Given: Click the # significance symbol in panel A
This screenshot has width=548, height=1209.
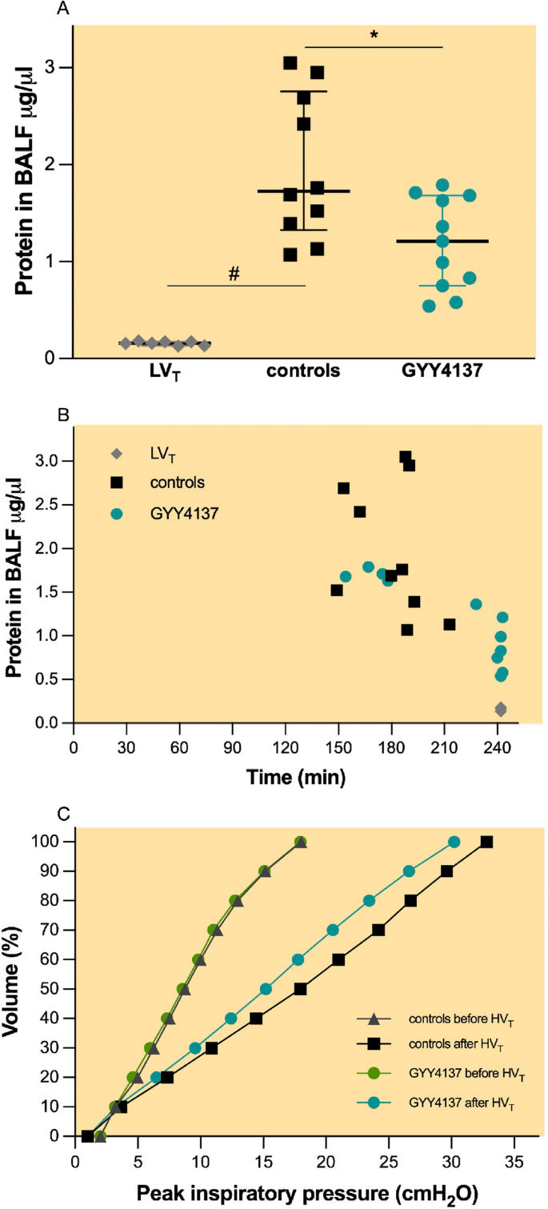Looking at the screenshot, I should tap(234, 274).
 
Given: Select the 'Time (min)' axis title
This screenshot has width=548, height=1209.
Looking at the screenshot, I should tap(297, 776).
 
